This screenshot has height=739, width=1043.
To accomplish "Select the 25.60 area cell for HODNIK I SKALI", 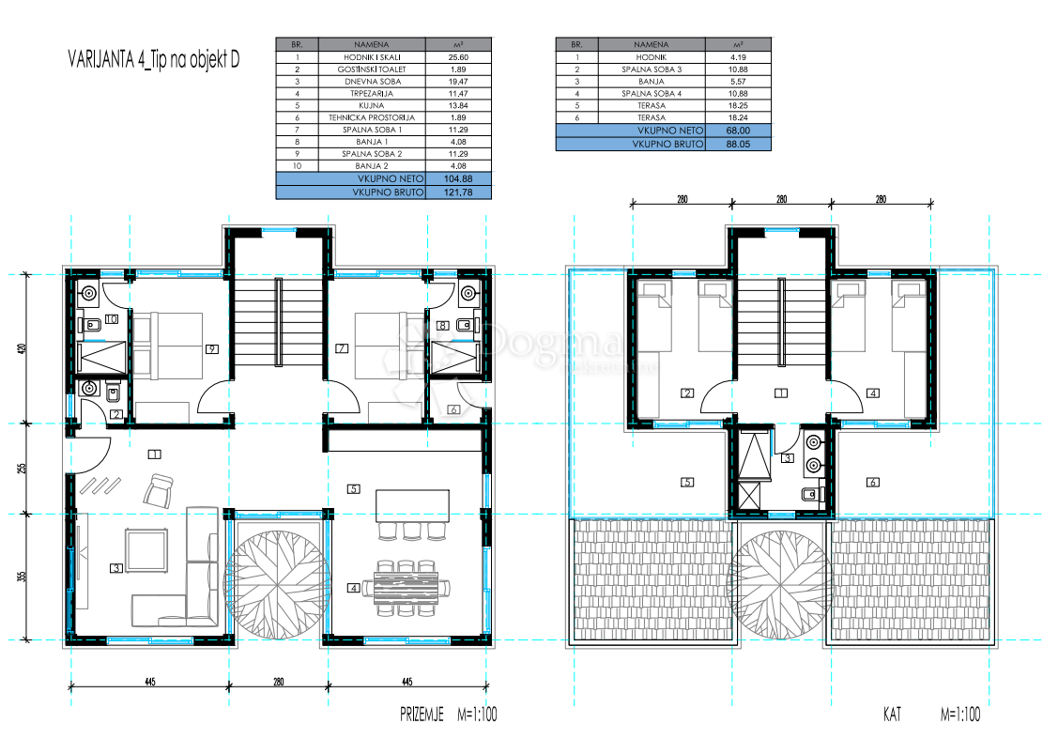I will [457, 57].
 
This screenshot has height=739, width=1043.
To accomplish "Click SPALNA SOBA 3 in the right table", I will [652, 69].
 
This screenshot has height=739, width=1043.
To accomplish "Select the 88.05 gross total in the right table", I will [738, 144].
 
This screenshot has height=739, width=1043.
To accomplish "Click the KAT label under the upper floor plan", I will [891, 715].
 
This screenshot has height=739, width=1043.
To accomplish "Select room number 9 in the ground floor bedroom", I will [213, 350].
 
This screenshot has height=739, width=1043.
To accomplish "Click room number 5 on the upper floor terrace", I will [688, 483].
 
